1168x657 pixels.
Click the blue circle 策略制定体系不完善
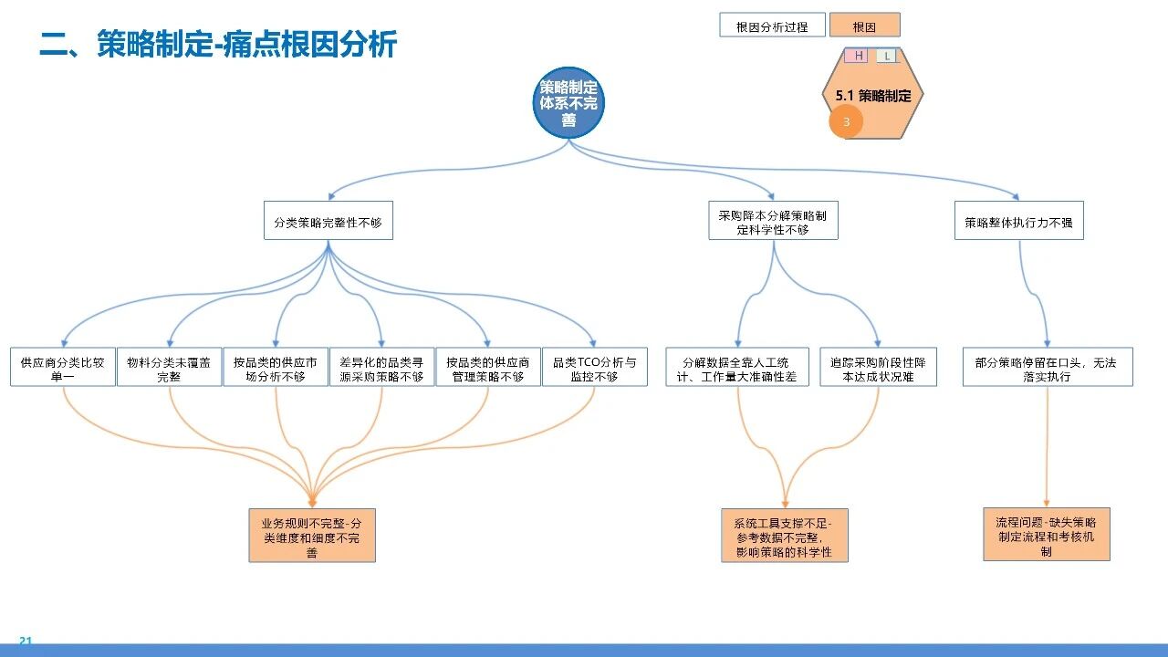pyautogui.click(x=568, y=102)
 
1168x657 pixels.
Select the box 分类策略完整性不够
pyautogui.click(x=328, y=221)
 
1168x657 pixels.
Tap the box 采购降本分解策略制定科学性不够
pyautogui.click(x=773, y=221)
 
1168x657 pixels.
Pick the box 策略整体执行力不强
pyautogui.click(x=1018, y=221)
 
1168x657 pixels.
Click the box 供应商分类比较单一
pyautogui.click(x=63, y=367)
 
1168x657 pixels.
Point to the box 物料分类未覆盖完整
pyautogui.click(x=169, y=367)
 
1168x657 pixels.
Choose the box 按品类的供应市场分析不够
pyautogui.click(x=276, y=367)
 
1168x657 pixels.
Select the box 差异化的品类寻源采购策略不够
pyautogui.click(x=381, y=367)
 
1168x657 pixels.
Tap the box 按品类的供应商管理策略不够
pyautogui.click(x=488, y=367)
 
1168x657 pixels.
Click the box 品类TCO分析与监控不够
pyautogui.click(x=595, y=367)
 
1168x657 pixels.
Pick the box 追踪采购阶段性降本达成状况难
pyautogui.click(x=878, y=367)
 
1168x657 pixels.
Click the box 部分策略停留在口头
pyautogui.click(x=1047, y=367)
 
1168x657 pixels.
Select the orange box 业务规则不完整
pyautogui.click(x=312, y=536)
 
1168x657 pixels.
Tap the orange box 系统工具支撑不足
pyautogui.click(x=785, y=536)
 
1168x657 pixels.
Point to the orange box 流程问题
pyautogui.click(x=1047, y=535)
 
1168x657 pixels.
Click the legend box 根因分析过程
pyautogui.click(x=772, y=26)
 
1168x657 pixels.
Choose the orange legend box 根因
pyautogui.click(x=864, y=26)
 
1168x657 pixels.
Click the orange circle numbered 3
pyautogui.click(x=846, y=122)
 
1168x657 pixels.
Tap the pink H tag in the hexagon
pyautogui.click(x=859, y=56)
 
